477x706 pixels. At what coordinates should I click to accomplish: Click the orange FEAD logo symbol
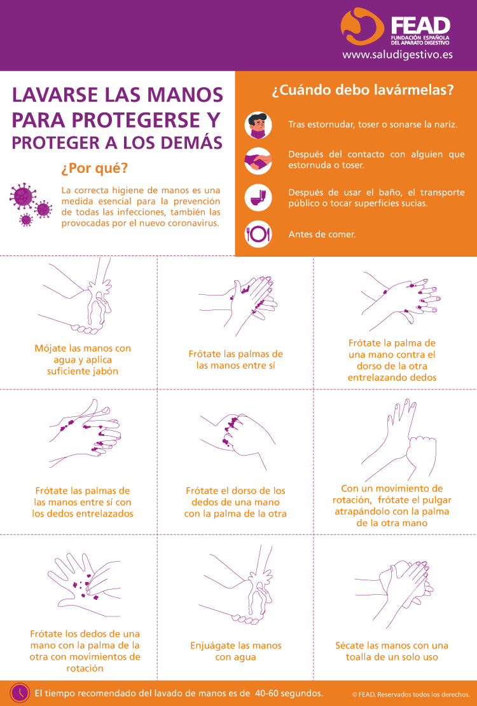(361, 27)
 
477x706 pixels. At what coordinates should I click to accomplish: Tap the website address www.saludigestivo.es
(397, 55)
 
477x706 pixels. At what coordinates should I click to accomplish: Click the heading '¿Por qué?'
(95, 168)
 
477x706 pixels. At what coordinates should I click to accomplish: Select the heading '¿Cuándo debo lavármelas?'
(363, 90)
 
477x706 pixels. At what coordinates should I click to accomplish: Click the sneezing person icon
(258, 125)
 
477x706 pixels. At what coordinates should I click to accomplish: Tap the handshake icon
(258, 161)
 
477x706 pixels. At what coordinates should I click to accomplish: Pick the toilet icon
(258, 198)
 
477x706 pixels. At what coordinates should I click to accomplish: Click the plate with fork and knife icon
(258, 234)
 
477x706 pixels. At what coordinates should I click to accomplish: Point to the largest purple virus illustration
(22, 196)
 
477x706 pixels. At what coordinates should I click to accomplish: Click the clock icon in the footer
(19, 693)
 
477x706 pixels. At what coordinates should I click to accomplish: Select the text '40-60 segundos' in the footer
(289, 693)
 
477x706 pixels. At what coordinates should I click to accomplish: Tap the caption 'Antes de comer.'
(322, 234)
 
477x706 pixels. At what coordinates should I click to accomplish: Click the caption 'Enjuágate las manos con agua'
(235, 651)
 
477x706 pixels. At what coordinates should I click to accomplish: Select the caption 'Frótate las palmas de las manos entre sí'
(235, 360)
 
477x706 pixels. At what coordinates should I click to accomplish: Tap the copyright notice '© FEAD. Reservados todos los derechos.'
(411, 695)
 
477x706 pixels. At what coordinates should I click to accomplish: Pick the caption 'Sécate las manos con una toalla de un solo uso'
(392, 651)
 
